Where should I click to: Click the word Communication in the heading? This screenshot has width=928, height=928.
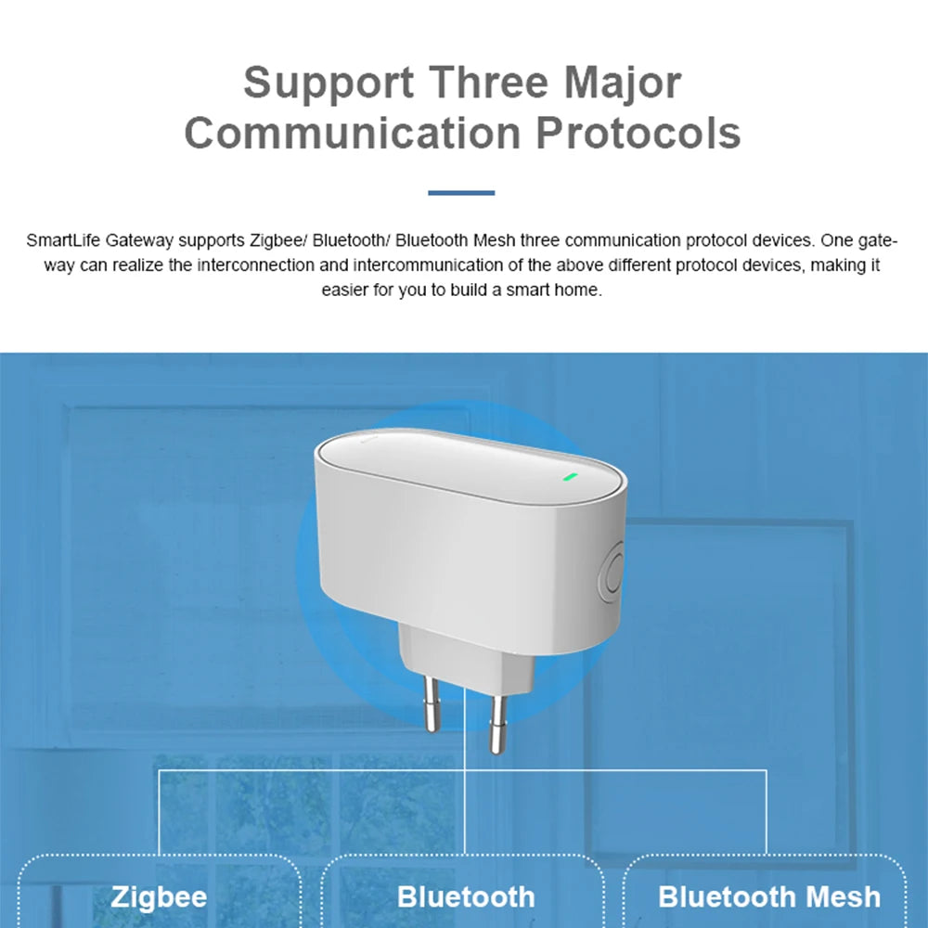click(352, 133)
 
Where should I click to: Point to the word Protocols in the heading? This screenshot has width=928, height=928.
click(638, 133)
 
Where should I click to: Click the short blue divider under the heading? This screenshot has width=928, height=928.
click(461, 193)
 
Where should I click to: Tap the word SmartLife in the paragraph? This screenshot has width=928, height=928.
click(63, 241)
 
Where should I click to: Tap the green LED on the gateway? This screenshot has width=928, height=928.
click(570, 479)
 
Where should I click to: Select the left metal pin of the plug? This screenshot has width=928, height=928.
click(432, 703)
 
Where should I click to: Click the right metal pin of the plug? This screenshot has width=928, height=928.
click(498, 724)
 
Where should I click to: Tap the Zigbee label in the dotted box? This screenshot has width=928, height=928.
click(159, 897)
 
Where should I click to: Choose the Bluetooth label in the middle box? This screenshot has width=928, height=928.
click(466, 897)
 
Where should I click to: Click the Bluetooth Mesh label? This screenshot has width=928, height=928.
click(768, 897)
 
